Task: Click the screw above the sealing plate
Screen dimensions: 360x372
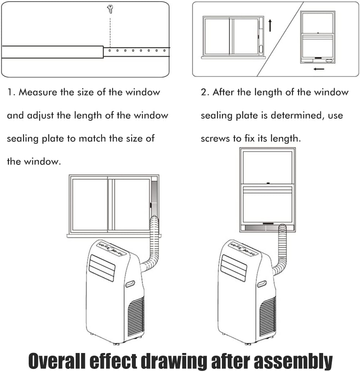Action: [110, 9]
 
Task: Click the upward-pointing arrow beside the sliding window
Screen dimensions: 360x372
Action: [270, 26]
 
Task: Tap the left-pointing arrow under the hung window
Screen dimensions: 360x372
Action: [319, 69]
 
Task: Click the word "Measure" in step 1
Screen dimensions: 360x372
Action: [38, 92]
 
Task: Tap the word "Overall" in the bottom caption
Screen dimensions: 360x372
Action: [57, 361]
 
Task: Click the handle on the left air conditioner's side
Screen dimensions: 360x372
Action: [130, 284]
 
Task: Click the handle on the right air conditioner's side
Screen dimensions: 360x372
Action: [262, 284]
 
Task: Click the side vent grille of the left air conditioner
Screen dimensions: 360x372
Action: [136, 317]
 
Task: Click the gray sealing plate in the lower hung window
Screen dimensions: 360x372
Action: [265, 228]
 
